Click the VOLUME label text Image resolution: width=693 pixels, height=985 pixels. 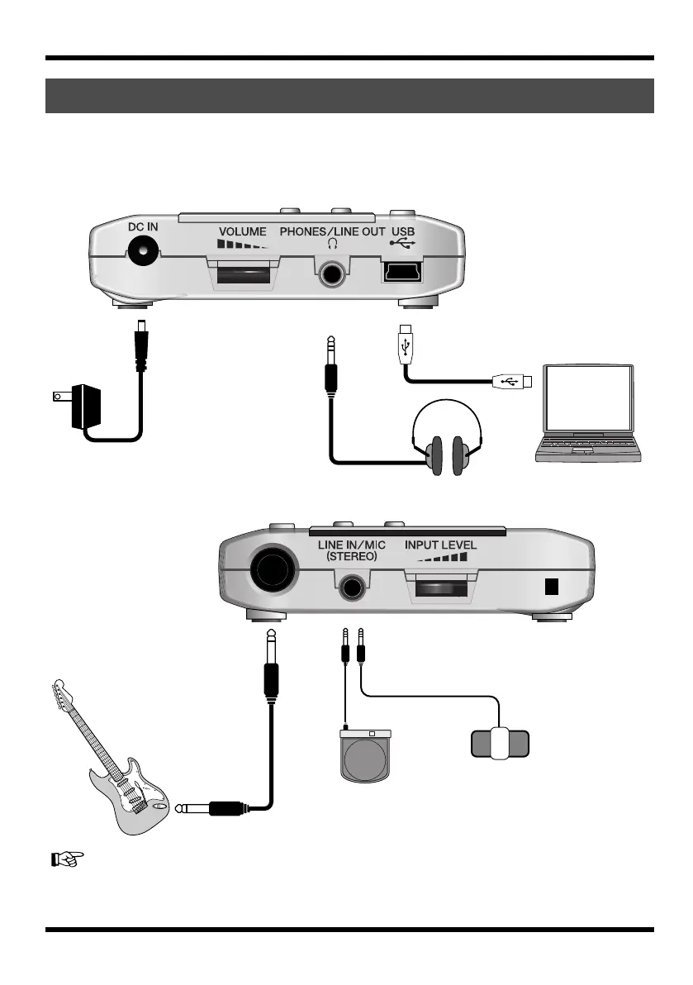[x=243, y=232]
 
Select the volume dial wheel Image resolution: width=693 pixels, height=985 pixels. [x=243, y=274]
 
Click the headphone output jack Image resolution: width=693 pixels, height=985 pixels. [x=335, y=271]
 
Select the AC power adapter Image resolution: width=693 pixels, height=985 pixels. [x=88, y=406]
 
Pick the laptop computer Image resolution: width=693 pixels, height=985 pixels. [x=588, y=413]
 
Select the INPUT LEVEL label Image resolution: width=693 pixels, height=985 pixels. [x=440, y=546]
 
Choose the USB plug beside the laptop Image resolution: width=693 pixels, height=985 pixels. [x=513, y=381]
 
